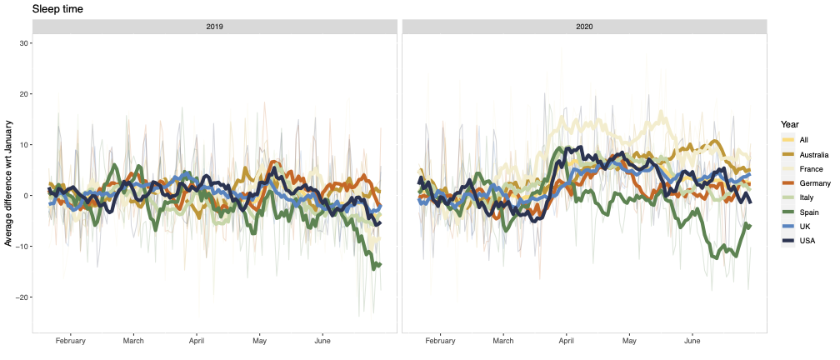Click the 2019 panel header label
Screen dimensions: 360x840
click(215, 27)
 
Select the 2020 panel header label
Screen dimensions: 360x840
click(584, 27)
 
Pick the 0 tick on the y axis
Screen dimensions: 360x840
click(26, 196)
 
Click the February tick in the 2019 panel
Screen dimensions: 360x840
click(70, 341)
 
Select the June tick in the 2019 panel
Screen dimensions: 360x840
click(322, 341)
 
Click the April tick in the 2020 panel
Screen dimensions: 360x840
click(567, 341)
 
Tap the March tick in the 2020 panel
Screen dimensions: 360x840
click(503, 341)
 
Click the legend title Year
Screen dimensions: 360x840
click(790, 125)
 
